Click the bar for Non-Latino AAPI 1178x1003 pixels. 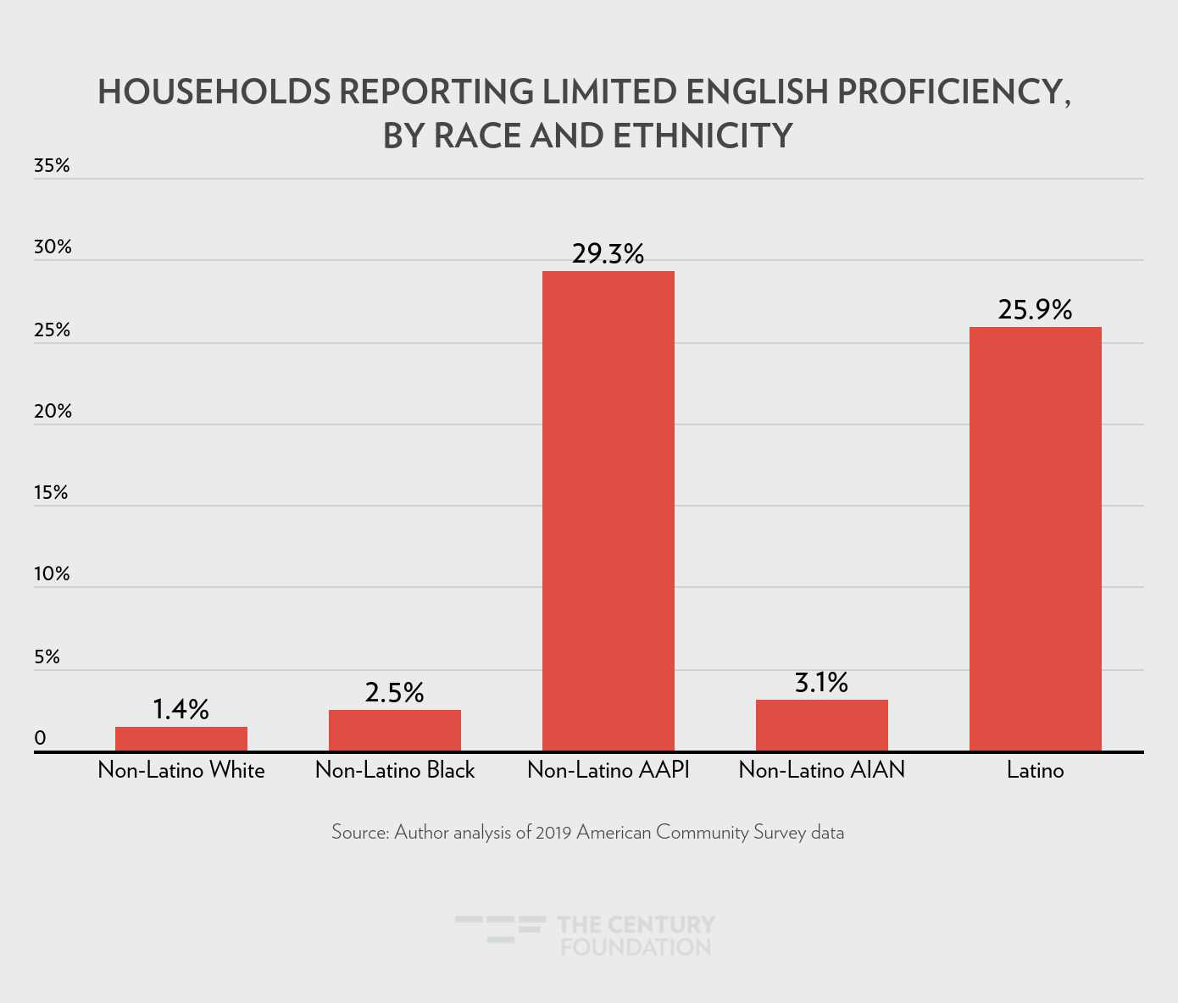coord(608,511)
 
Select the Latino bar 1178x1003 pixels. coord(1035,539)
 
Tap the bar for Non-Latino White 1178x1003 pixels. coord(181,739)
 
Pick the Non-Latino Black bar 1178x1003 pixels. coord(394,730)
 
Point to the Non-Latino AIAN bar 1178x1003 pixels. coord(821,725)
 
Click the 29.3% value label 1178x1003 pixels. coord(608,253)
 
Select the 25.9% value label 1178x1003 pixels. coord(1035,309)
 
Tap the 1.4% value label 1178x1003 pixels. coord(181,709)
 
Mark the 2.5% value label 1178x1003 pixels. coord(394,692)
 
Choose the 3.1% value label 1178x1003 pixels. coord(821,682)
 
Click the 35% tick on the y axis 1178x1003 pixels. coord(52,166)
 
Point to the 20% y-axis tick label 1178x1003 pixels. coord(53,412)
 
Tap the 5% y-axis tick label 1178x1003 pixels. coord(47,657)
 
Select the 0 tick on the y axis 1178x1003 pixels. coord(40,739)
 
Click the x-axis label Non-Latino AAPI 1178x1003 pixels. coord(608,770)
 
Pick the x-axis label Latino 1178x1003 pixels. coord(1035,770)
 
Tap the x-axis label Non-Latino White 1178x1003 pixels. coord(181,770)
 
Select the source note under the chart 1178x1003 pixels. coord(587,832)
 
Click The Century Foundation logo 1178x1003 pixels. coord(586,934)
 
